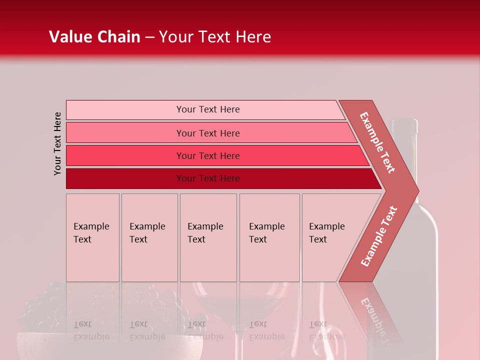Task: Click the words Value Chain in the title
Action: click(94, 37)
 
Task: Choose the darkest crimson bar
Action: click(125, 178)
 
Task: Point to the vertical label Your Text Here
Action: click(57, 143)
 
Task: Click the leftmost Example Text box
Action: click(92, 237)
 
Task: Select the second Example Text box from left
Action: click(149, 237)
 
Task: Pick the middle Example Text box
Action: click(208, 237)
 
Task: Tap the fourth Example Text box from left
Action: click(269, 237)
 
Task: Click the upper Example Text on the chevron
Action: click(378, 142)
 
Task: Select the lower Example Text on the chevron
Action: click(379, 236)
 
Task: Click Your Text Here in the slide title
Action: click(215, 37)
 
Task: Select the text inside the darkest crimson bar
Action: click(208, 178)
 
